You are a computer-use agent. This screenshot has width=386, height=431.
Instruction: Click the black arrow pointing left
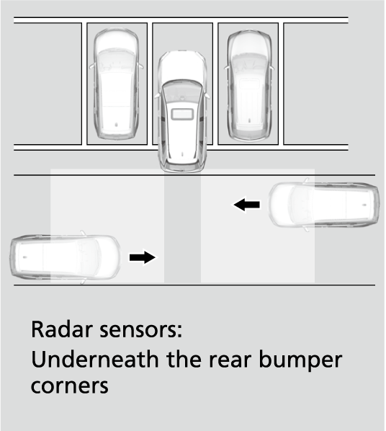tap(247, 205)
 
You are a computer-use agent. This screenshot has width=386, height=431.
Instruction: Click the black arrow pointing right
tap(143, 257)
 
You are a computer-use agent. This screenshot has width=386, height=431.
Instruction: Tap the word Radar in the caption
tap(61, 329)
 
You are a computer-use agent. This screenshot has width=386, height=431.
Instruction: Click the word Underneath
tap(95, 359)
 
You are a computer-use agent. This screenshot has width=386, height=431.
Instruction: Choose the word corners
tap(70, 386)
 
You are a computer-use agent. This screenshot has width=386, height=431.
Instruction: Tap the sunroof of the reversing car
tap(182, 114)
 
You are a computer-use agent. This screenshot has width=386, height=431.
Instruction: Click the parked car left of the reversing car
tap(116, 84)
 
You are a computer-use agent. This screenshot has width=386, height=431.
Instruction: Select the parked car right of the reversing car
tap(249, 86)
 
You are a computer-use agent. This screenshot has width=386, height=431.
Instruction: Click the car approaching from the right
tap(324, 205)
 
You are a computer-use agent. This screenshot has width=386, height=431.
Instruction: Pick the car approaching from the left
tap(66, 257)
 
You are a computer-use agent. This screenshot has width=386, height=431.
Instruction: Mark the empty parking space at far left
tap(48, 84)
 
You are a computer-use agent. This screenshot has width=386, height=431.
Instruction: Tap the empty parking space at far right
tap(316, 84)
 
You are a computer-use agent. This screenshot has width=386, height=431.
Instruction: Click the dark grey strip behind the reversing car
tap(182, 228)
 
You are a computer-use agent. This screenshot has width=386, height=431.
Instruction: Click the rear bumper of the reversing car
tap(182, 167)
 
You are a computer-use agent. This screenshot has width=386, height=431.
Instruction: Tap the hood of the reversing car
tap(182, 66)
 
